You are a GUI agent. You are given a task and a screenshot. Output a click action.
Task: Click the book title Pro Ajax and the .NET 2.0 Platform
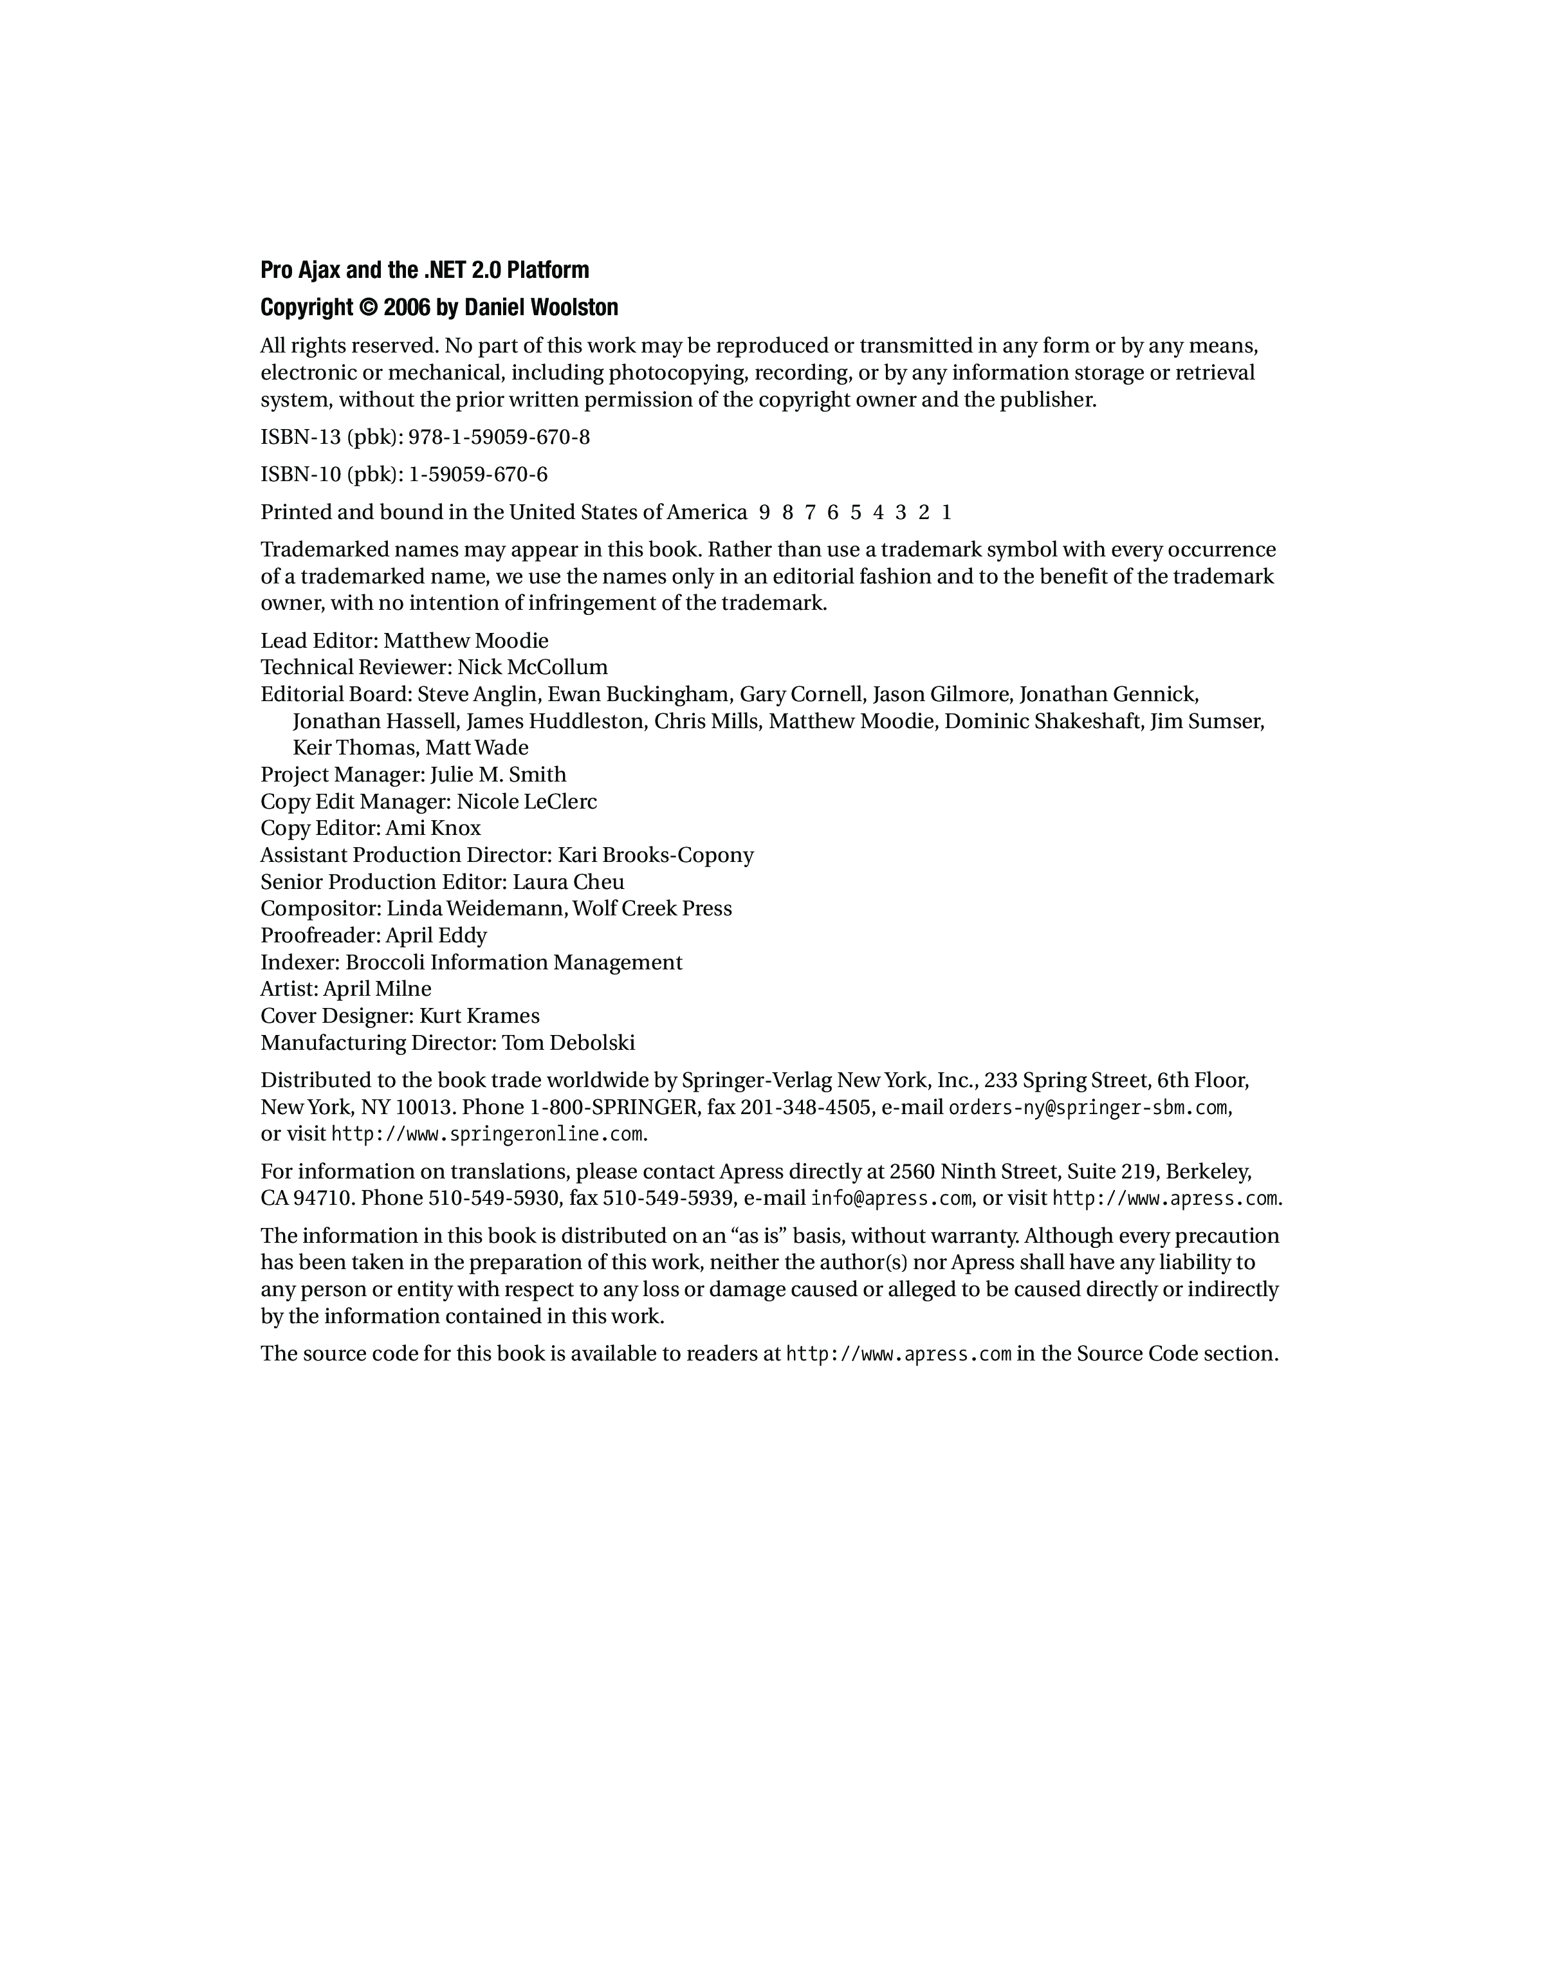click(425, 270)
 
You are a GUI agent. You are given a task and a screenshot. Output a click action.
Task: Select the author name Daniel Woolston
click(540, 308)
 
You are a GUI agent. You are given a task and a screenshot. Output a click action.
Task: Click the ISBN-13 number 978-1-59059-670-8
click(499, 437)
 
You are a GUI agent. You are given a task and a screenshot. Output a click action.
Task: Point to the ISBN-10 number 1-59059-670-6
click(478, 475)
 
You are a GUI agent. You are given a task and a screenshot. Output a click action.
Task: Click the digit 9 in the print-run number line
click(764, 513)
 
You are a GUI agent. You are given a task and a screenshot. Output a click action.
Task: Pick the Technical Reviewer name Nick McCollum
click(533, 668)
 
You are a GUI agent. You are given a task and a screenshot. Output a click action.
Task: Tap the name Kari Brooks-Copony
click(656, 855)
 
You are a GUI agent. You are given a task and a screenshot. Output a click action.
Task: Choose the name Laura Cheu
click(568, 881)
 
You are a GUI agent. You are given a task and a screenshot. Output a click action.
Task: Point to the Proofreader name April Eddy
click(436, 935)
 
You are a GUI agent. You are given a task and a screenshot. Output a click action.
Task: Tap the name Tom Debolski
click(569, 1043)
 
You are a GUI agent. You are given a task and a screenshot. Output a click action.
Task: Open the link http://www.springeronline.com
click(487, 1134)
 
